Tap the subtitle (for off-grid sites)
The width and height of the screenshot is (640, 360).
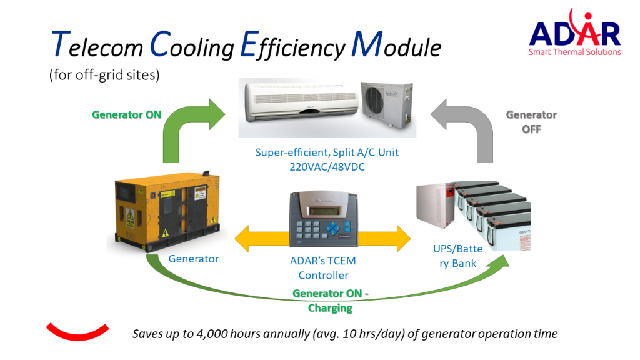104,75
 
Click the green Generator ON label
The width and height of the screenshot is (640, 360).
127,114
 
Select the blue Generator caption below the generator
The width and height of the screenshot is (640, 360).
194,259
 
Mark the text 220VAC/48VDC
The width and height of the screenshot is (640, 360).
327,167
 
